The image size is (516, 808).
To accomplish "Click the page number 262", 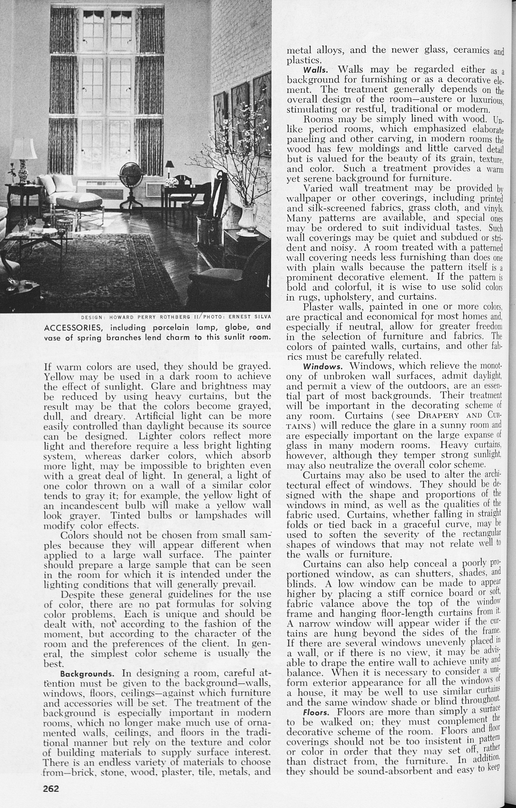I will [x=51, y=788].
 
